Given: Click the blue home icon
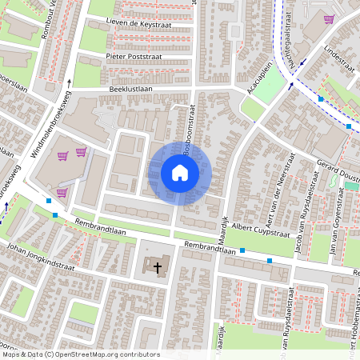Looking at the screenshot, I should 179,172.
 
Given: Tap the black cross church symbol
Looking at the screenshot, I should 158,268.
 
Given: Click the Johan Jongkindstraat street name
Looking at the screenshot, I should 39,254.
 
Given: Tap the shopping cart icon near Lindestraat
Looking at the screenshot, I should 328,19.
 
